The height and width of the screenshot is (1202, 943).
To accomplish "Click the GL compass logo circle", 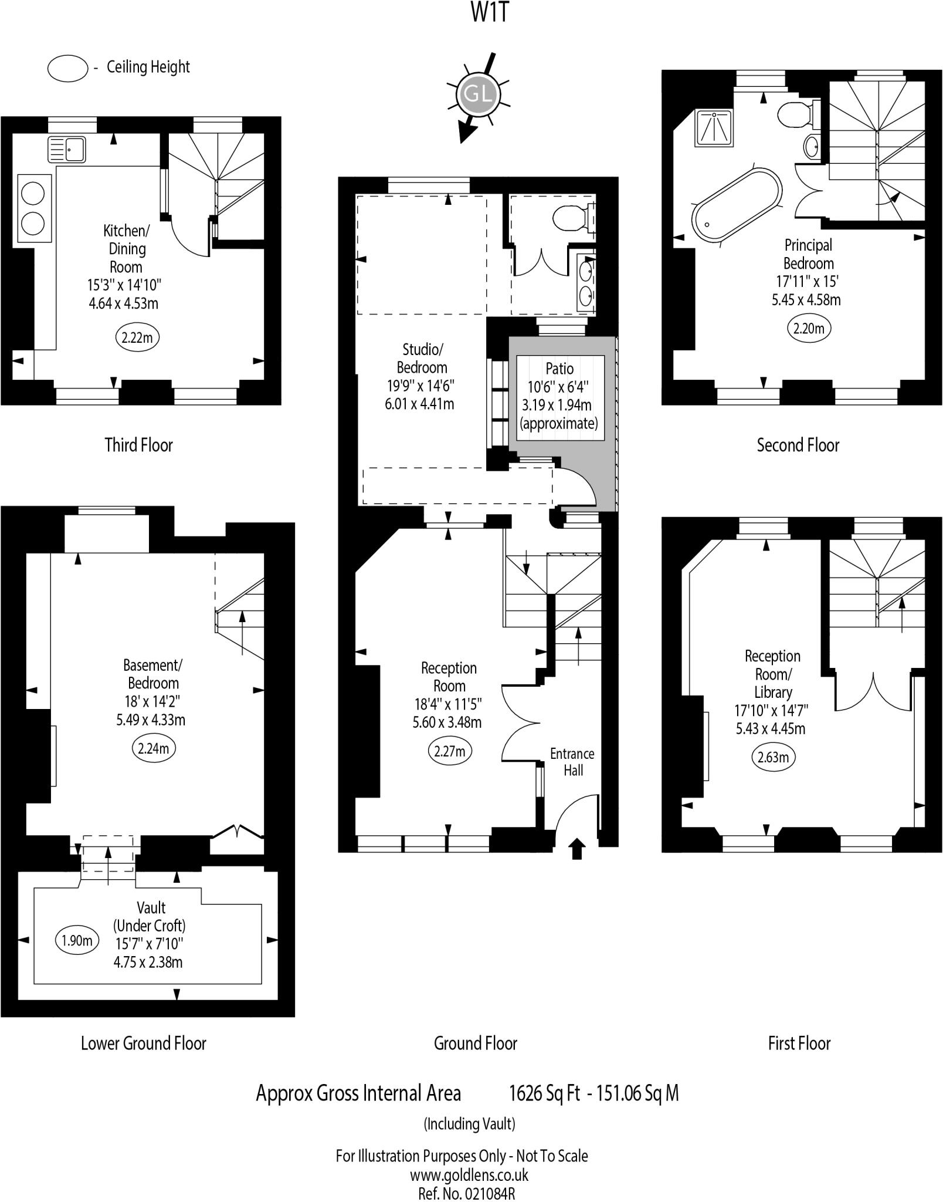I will tap(477, 94).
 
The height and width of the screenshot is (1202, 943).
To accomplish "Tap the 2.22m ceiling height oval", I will tap(137, 337).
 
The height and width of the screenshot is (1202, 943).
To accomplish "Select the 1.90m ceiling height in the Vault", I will tap(77, 941).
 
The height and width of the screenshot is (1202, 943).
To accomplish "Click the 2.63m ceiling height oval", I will tap(773, 757).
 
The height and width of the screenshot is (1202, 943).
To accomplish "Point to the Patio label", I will tap(559, 369).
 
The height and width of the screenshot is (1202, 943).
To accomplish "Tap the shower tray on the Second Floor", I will tap(714, 128).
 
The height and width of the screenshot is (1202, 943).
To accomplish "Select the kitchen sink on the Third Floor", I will tap(66, 149).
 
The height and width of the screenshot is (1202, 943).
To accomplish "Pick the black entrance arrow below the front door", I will tap(576, 849).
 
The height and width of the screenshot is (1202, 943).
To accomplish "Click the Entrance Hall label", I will tap(572, 762).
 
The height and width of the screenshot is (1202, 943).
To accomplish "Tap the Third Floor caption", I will tap(138, 445).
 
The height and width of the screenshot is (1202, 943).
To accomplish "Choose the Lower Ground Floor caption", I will tap(143, 1043).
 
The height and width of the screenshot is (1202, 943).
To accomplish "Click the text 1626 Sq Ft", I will tap(544, 1093).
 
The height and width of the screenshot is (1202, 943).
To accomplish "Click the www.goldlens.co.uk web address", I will tap(469, 1175).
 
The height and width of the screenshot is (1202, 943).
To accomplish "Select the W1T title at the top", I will tap(489, 13).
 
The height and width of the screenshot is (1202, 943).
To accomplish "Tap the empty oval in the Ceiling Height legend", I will tap(67, 67).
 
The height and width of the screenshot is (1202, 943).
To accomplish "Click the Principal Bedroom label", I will tap(808, 254).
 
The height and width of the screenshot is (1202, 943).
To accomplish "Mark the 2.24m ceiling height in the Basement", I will tap(154, 748).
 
